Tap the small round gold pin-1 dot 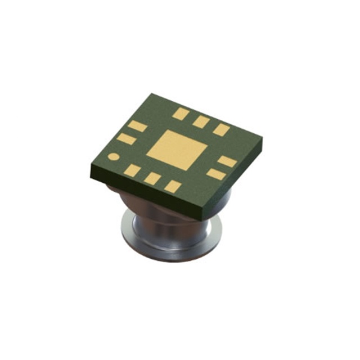coord(114,157)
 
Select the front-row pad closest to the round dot coord(132,170)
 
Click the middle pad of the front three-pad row coord(152,178)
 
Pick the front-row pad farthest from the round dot coord(173,186)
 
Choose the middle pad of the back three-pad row coord(201,121)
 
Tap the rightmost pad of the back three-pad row coord(222,129)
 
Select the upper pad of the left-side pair coord(137,126)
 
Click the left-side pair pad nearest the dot coord(126,138)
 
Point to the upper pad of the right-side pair coord(227,161)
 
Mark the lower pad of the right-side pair coord(215,173)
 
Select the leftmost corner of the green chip coord(88,167)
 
